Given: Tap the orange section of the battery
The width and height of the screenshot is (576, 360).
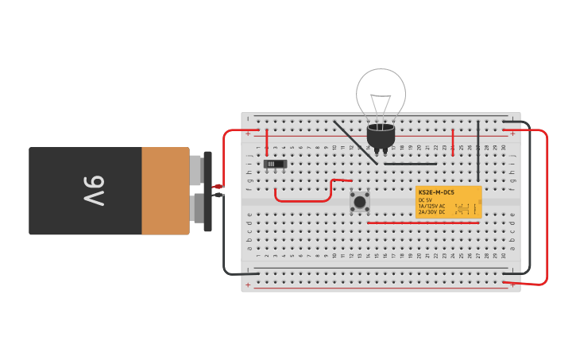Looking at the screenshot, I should [x=165, y=191].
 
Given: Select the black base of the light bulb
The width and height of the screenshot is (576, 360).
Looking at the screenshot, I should [x=381, y=136].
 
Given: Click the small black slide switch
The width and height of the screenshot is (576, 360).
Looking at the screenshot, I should [x=275, y=164].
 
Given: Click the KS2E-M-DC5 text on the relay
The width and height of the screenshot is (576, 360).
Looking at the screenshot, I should [x=436, y=192].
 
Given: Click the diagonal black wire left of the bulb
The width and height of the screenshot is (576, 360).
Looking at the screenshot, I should [x=355, y=142].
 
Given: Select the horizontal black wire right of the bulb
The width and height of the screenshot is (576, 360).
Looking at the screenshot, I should [x=410, y=164].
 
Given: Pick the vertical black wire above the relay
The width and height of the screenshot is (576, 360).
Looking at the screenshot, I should [x=478, y=151].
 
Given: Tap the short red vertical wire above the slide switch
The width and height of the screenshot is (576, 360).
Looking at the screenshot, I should [x=267, y=141].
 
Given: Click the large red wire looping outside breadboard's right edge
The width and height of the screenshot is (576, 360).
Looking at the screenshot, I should [x=547, y=207].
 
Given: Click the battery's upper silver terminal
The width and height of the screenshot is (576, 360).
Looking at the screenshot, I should [x=195, y=169].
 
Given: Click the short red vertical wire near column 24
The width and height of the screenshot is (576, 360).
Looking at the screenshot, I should [x=453, y=143].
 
